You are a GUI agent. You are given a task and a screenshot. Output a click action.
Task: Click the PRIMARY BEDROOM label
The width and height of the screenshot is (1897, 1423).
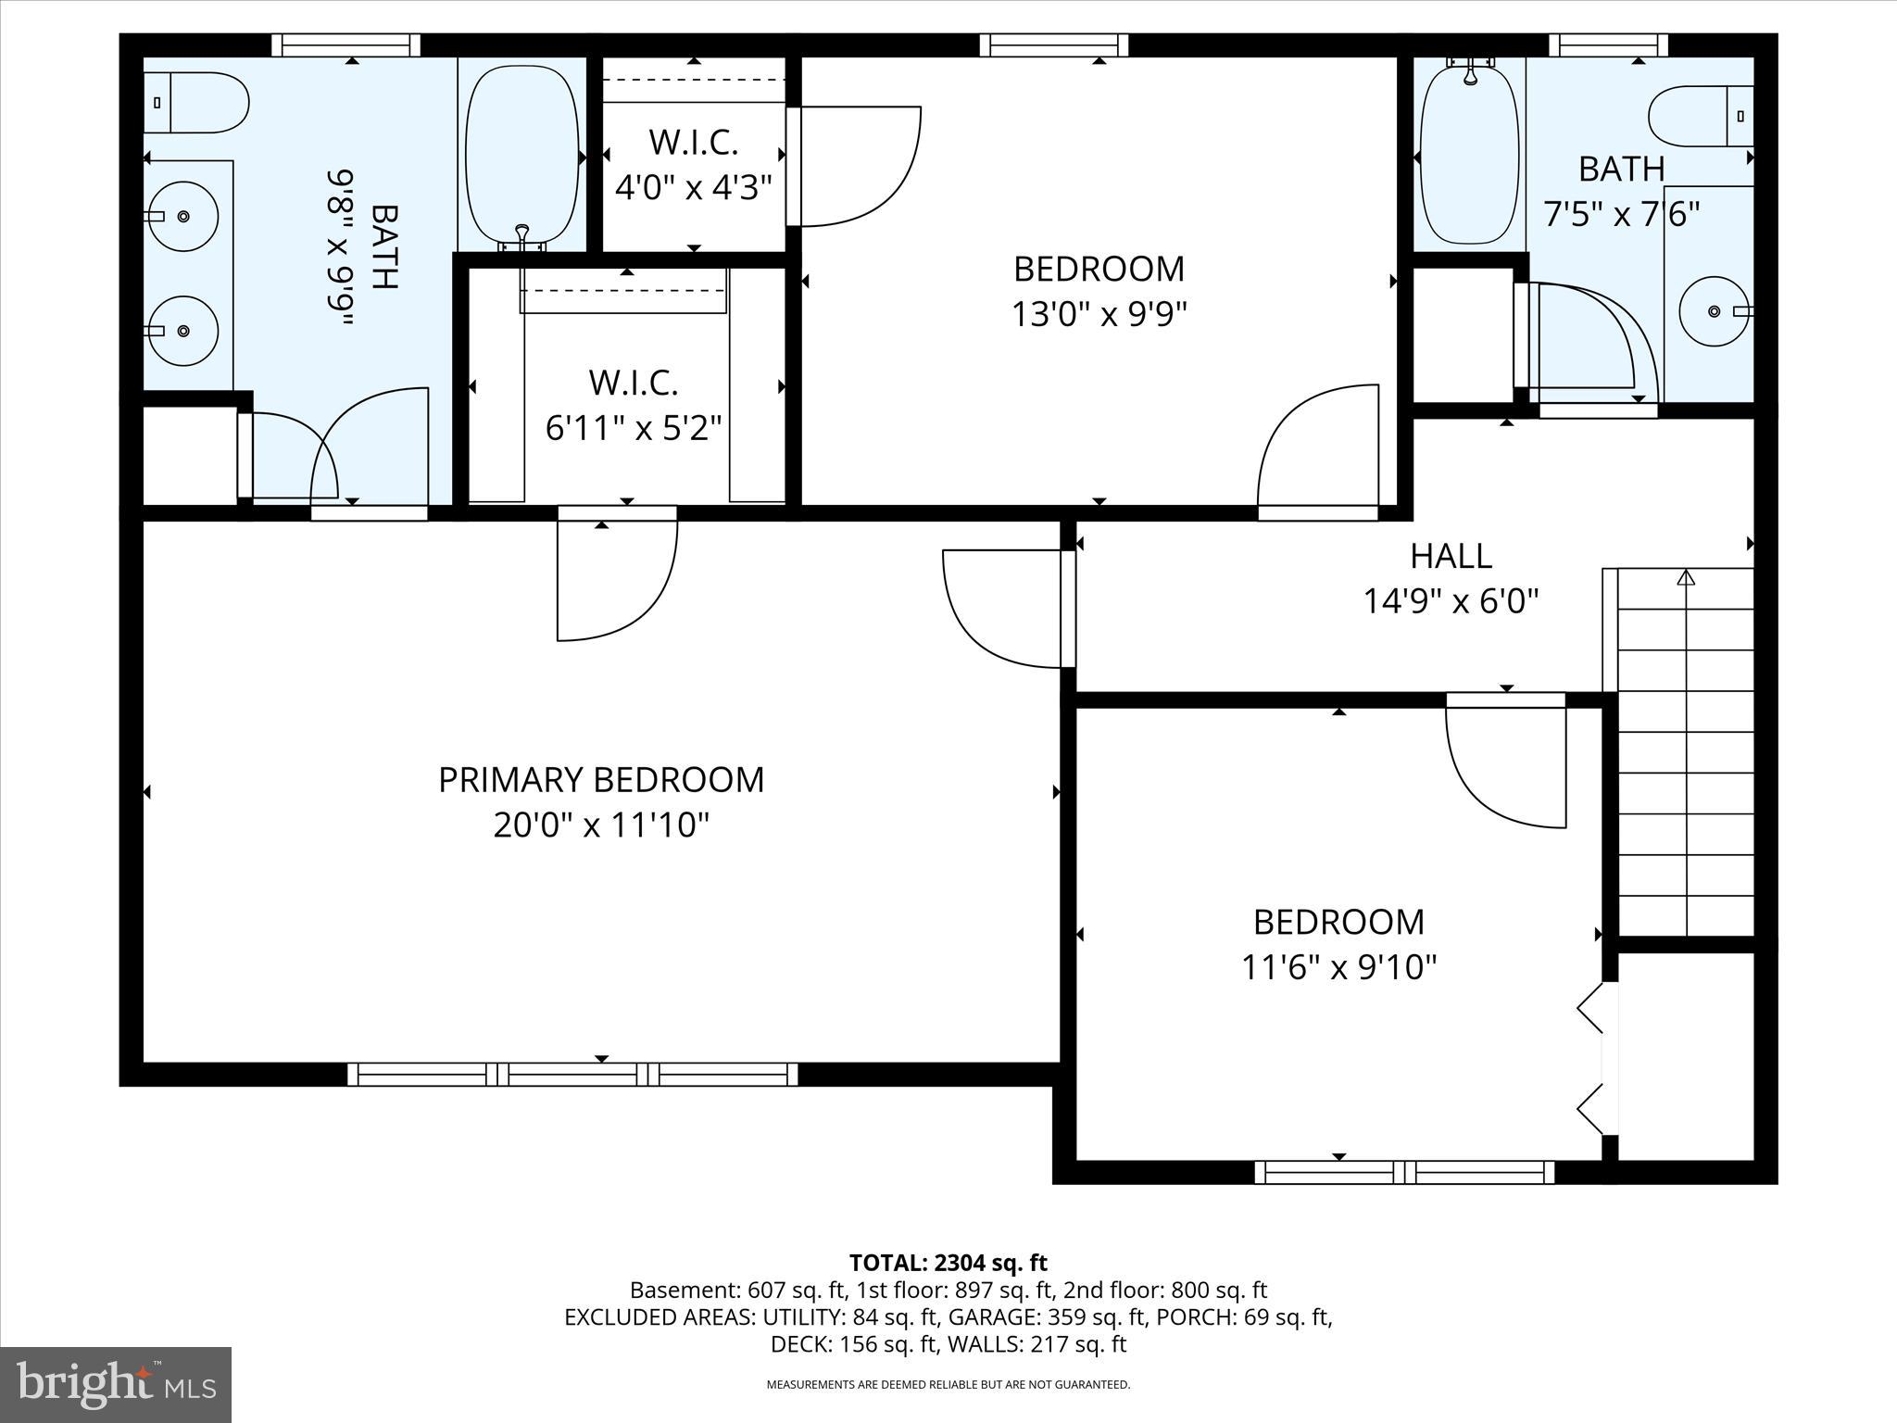click(x=601, y=780)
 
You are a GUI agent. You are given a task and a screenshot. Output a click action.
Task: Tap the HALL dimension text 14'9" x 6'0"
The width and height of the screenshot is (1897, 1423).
click(x=1451, y=602)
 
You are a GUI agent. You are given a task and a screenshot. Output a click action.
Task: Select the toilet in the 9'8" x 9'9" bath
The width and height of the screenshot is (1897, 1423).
click(x=195, y=103)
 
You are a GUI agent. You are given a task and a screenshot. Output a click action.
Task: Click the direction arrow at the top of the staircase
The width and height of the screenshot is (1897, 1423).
click(x=1685, y=578)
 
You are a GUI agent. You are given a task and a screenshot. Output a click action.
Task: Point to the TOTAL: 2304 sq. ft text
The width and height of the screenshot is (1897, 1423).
click(x=948, y=1263)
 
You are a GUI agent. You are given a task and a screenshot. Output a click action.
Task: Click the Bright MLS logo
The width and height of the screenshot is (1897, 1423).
click(x=115, y=1384)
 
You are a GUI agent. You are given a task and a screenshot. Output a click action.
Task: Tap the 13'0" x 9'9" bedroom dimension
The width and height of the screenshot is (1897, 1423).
click(x=1099, y=315)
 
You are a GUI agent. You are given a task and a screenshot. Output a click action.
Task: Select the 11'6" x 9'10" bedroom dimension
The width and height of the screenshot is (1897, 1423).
click(x=1338, y=968)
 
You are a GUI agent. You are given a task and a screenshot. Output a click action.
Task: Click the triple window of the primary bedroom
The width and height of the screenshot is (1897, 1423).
click(x=572, y=1074)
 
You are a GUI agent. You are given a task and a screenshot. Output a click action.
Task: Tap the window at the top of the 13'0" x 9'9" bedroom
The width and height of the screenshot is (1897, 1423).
click(x=1054, y=44)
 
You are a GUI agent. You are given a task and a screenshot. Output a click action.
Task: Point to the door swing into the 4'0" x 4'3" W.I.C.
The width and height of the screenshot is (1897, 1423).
click(x=857, y=167)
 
